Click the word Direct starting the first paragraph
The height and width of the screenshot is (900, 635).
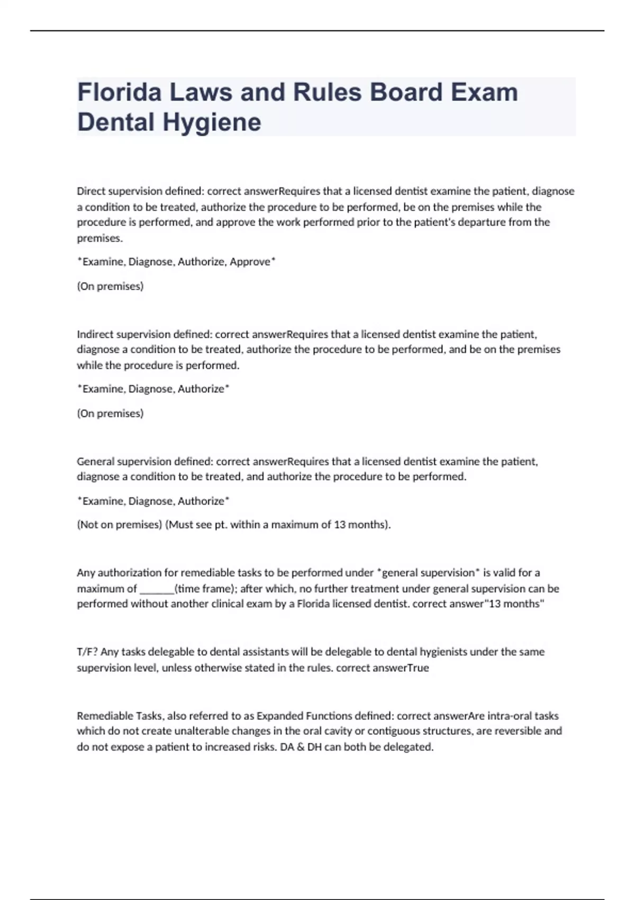click(x=91, y=191)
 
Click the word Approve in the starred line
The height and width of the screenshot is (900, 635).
click(x=250, y=262)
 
